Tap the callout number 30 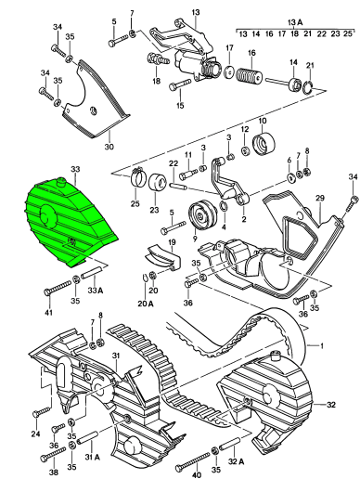point(109,147)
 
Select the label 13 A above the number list point(295,22)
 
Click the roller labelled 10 point(264,145)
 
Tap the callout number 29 point(320,199)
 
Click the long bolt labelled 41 point(58,287)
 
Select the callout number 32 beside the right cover point(331,405)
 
